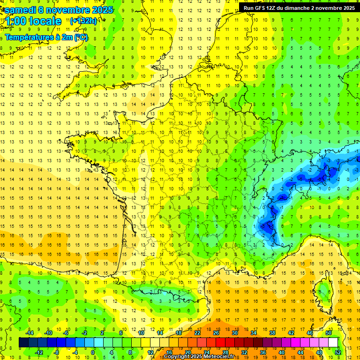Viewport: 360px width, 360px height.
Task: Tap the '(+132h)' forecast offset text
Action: [83, 21]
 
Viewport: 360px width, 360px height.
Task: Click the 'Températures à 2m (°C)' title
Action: [46, 37]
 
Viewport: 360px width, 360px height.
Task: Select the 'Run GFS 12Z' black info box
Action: [299, 7]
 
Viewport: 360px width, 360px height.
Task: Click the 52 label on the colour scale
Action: [337, 352]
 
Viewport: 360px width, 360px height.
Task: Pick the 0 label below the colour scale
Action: [93, 352]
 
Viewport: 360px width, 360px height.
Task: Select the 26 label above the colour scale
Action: [216, 332]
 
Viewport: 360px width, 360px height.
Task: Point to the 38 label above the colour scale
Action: [272, 332]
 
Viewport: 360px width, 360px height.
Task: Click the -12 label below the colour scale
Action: [39, 352]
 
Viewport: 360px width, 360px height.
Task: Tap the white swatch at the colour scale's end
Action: [333, 342]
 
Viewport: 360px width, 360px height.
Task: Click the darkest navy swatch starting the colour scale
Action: [23, 342]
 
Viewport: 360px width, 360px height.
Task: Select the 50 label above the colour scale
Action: [329, 332]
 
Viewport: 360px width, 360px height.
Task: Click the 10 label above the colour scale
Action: [141, 332]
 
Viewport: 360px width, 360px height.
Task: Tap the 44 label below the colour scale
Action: [300, 352]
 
